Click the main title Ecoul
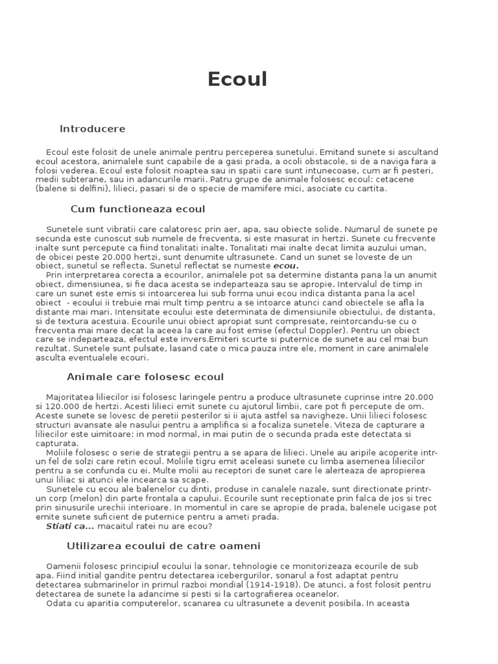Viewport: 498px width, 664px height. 237,79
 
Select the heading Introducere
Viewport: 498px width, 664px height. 92,129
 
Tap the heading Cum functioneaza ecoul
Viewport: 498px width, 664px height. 137,209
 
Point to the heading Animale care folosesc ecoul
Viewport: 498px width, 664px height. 145,377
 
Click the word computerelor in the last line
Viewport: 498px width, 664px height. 147,603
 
